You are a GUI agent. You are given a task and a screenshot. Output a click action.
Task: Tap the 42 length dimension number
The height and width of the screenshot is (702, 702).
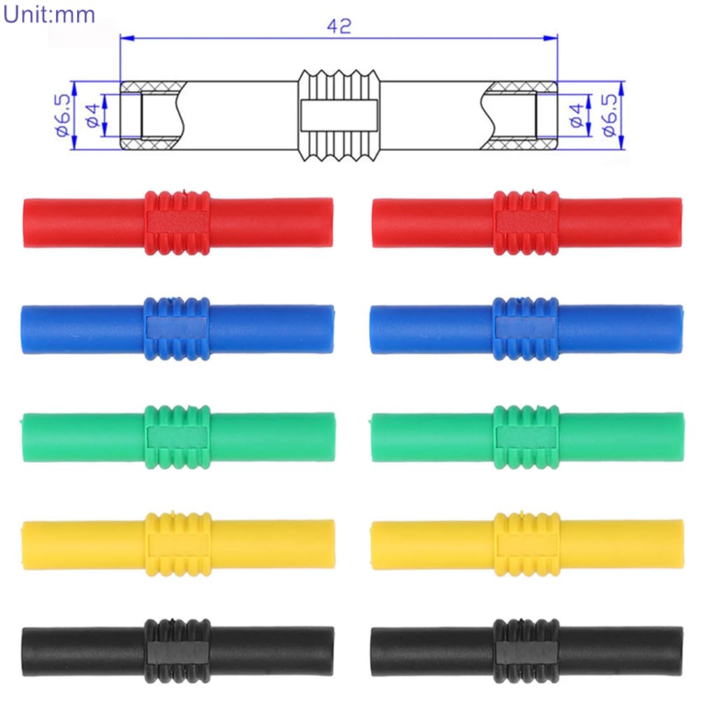pos(339,27)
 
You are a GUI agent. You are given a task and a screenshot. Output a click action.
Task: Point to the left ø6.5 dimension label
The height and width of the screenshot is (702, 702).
pos(62,115)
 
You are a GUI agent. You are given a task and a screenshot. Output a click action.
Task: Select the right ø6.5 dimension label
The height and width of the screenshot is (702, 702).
pos(610,115)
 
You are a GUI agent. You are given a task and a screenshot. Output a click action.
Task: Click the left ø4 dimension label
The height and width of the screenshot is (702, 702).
pos(93,115)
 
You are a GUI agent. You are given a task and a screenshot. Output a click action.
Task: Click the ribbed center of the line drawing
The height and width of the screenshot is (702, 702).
pos(339,116)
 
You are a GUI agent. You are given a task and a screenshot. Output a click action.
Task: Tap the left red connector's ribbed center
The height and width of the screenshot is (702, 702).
pos(177,222)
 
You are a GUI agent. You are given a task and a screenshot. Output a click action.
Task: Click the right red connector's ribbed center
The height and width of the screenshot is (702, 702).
pos(525,222)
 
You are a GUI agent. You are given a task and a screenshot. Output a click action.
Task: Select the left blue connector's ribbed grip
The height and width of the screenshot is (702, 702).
pos(177,329)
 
